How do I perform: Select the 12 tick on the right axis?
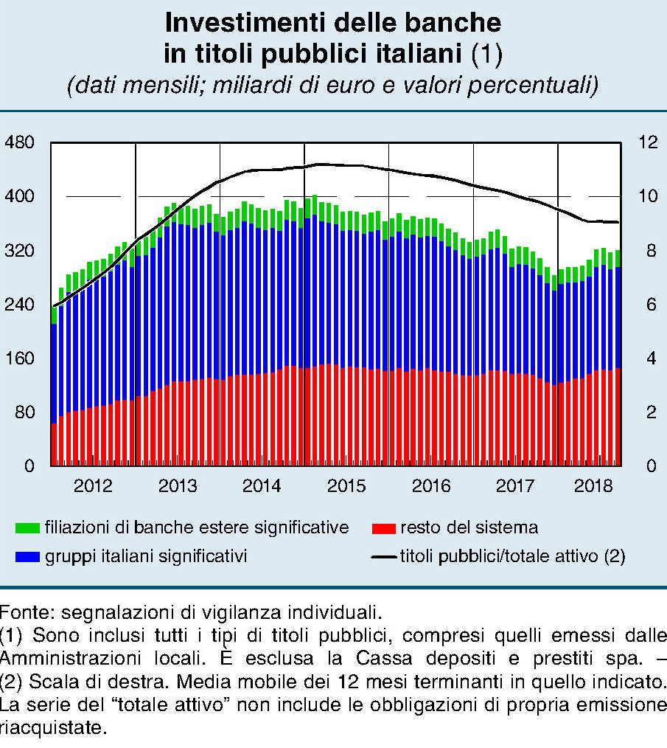tap(646, 142)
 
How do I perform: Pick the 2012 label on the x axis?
tap(93, 487)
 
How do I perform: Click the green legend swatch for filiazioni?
tap(28, 528)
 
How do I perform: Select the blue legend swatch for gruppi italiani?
tap(28, 557)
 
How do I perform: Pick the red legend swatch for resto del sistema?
tap(383, 528)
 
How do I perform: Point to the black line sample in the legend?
tap(383, 557)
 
